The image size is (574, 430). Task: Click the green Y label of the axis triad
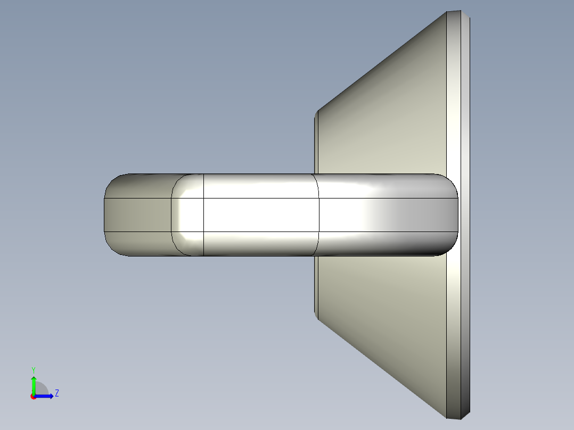33,369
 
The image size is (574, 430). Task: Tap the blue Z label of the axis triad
56,393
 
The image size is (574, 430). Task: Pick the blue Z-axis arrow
46,396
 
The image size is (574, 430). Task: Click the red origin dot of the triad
33,396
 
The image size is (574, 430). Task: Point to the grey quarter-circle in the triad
42,389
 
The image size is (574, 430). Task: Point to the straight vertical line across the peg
204,215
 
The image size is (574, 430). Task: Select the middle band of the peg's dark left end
136,215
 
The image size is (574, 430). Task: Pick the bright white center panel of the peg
261,215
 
